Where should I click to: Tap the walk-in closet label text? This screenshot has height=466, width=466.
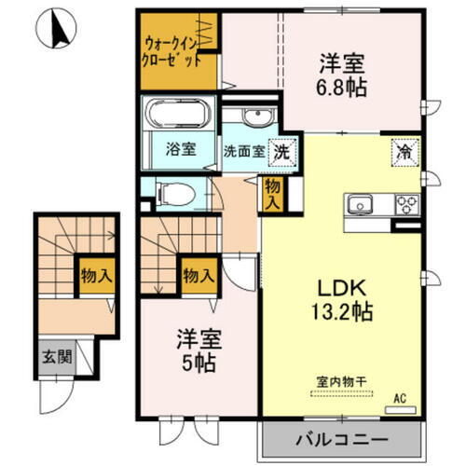coord(171,51)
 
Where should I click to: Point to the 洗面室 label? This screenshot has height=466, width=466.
coord(241,150)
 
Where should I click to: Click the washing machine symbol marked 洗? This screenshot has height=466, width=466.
coord(278,149)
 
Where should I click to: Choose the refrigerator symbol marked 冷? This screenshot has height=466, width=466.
coord(404,149)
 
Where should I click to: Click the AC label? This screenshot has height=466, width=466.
coord(399,398)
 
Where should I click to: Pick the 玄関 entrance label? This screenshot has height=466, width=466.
coord(52,356)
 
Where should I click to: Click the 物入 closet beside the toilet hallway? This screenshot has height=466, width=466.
coord(273,193)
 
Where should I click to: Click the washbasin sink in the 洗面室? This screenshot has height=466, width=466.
coord(252,118)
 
